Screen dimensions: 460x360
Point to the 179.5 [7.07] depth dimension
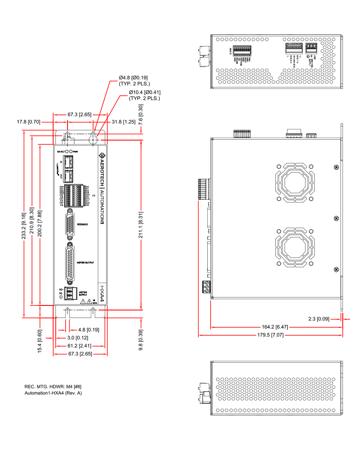pyautogui.click(x=271, y=335)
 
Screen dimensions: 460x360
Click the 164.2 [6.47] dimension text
pyautogui.click(x=276, y=327)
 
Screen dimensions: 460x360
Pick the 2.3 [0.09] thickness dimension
pyautogui.click(x=319, y=319)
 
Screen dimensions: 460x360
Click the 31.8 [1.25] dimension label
pyautogui.click(x=124, y=122)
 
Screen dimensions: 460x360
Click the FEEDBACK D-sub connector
pyautogui.click(x=71, y=224)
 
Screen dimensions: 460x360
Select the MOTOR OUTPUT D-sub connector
pyautogui.click(x=71, y=263)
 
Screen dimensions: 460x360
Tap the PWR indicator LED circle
pyautogui.click(x=71, y=152)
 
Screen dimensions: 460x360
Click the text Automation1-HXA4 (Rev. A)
pyautogui.click(x=53, y=393)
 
